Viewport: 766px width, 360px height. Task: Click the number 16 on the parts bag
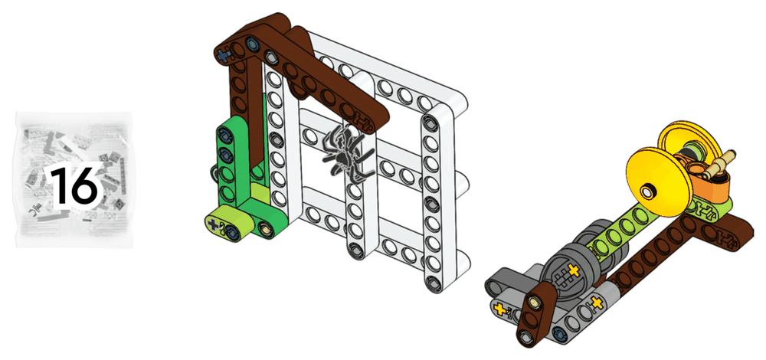click(x=75, y=186)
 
